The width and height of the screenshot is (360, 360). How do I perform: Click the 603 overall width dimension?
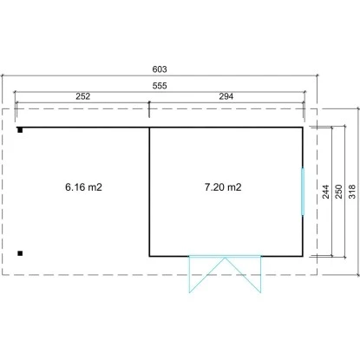pos(160,69)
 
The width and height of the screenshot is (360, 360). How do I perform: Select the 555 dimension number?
pos(160,86)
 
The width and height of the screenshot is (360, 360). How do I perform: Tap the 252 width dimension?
pos(83,96)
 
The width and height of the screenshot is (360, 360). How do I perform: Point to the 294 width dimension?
pos(226,96)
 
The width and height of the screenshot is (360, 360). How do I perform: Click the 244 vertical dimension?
pos(325,192)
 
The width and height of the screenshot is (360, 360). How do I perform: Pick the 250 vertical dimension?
pos(338,192)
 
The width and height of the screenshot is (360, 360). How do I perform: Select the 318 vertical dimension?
pos(352,192)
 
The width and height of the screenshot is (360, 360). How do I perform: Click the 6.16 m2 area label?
pos(83,187)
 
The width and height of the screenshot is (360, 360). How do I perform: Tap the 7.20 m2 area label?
pos(223,187)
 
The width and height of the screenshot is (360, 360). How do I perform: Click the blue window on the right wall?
pos(303,192)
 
